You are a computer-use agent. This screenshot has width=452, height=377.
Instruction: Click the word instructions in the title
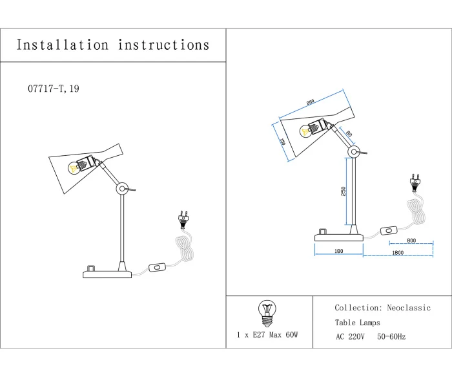(164, 45)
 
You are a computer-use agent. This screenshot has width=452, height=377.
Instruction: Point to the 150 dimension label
(282, 142)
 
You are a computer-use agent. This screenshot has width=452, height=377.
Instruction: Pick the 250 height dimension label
(343, 191)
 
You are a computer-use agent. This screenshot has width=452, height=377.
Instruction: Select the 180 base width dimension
(338, 252)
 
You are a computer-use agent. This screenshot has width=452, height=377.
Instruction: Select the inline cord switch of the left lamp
(157, 267)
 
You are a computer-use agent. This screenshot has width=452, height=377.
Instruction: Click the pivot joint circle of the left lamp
(121, 189)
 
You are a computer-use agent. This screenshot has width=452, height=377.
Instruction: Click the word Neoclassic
(409, 308)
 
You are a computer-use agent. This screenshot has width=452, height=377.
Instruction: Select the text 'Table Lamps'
(357, 323)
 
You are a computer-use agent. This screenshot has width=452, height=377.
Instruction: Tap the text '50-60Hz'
(391, 337)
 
